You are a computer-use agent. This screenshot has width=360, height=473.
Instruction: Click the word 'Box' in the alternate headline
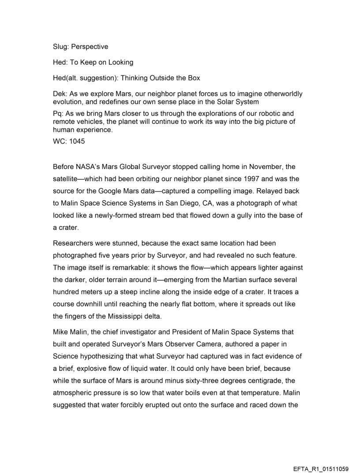coord(193,78)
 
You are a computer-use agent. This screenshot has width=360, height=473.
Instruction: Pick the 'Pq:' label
coord(59,114)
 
